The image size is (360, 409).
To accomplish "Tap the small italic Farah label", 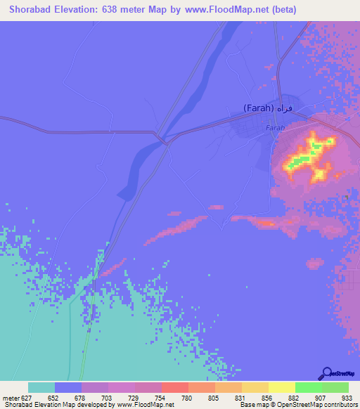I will click(274, 129).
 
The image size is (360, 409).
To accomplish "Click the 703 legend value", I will click(107, 398).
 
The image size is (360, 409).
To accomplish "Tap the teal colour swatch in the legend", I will click(41, 387).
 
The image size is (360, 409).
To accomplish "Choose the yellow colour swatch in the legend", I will click(281, 387).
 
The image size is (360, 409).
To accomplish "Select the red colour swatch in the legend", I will click(174, 387).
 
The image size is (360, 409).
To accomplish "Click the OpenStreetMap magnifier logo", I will click(326, 373).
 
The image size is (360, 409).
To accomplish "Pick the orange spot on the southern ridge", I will click(267, 223).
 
